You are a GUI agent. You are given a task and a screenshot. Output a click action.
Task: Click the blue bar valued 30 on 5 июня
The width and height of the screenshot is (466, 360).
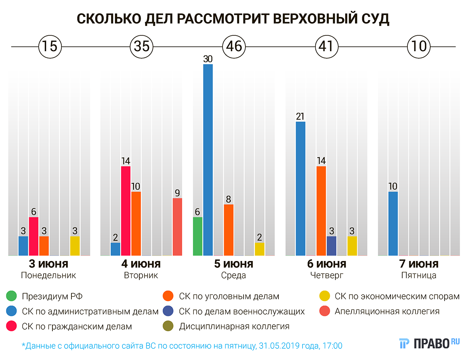coord(208,160)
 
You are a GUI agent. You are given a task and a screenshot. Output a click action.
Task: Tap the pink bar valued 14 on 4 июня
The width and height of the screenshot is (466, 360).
coord(126,211)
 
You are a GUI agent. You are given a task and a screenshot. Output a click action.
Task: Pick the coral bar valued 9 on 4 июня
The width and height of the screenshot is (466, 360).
coord(177,227)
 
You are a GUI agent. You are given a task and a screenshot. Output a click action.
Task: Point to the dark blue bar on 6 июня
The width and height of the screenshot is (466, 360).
coord(332,246)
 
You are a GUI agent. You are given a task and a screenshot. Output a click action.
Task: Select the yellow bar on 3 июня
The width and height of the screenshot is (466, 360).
coord(75,246)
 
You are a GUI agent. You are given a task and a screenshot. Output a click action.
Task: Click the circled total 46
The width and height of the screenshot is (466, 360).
coord(234,47)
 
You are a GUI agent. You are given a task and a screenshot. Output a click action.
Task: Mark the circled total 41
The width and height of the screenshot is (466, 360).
coord(326,47)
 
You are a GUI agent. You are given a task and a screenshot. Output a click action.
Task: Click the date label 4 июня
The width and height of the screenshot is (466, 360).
coord(141,264)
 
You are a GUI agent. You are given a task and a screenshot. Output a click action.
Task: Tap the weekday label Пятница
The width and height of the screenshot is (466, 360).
coord(418,276)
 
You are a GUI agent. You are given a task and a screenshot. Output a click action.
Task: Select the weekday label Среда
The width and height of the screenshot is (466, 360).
coord(234,276)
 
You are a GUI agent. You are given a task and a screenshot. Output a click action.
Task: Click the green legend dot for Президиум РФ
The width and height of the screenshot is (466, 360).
coord(12,297)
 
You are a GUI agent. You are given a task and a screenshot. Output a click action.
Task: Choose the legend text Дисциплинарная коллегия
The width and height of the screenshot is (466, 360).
coord(234,326)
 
